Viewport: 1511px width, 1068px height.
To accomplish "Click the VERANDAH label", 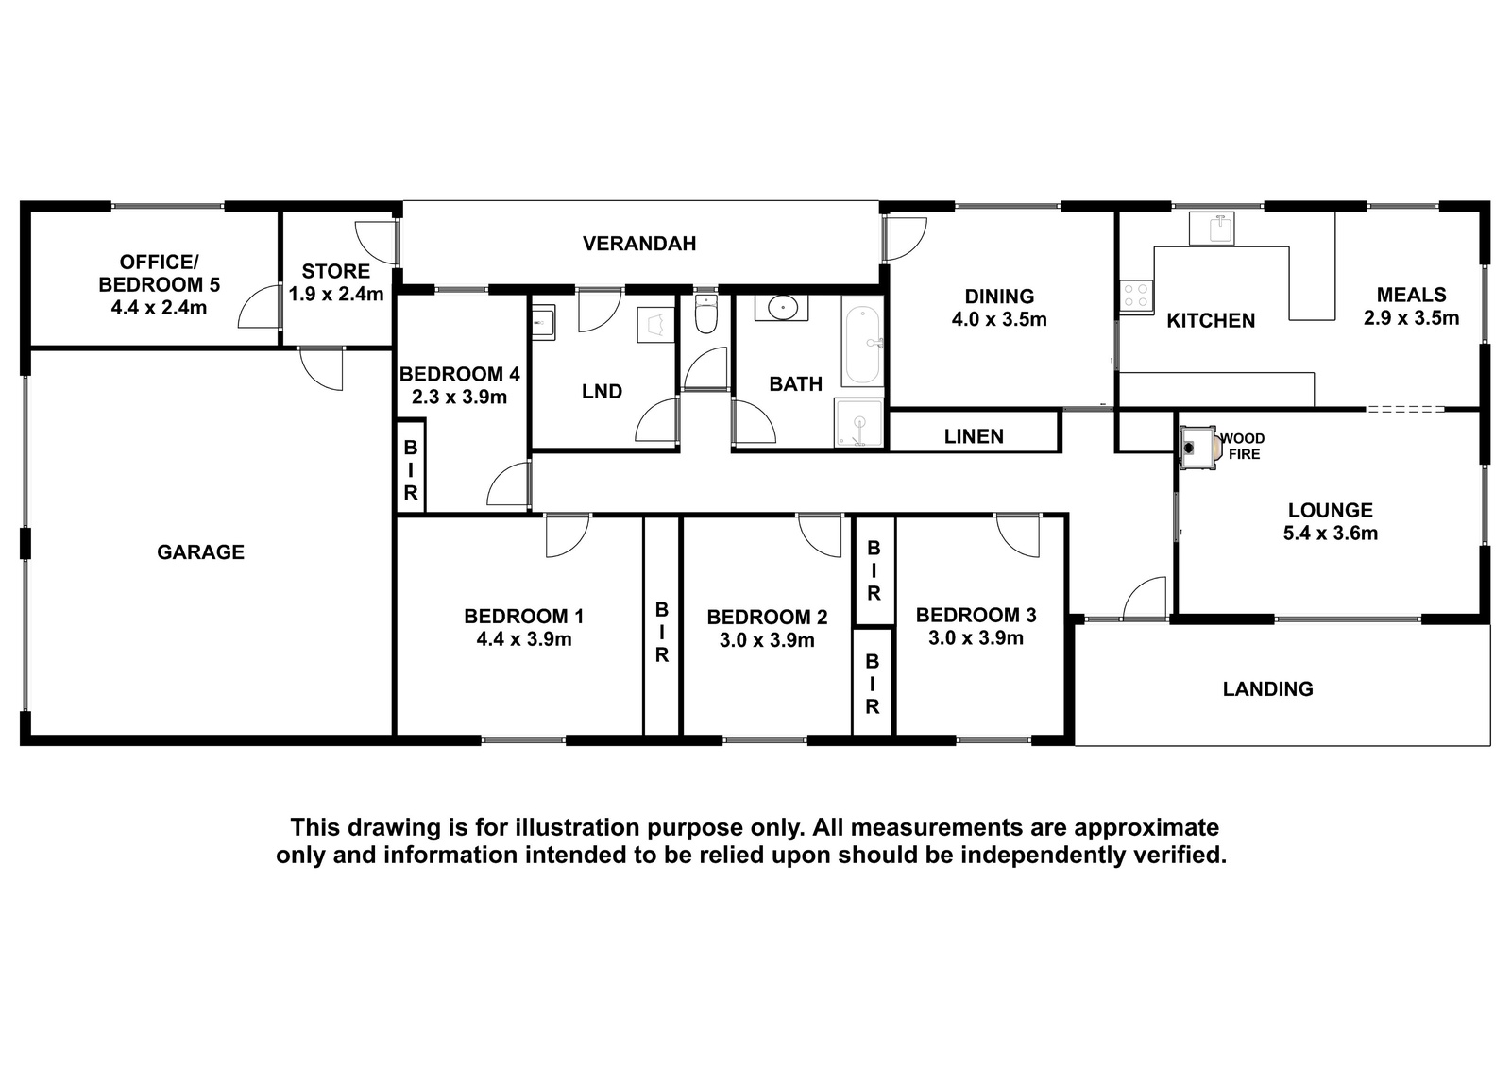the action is tap(638, 244).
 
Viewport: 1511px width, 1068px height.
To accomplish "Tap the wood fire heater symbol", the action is tap(1198, 447).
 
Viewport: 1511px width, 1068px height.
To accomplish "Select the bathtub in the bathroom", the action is tap(863, 346).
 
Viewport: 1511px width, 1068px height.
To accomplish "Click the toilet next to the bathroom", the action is tap(705, 314).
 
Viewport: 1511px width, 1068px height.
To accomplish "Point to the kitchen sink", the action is tap(1210, 229).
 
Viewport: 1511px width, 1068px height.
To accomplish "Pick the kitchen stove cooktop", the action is tap(1137, 297).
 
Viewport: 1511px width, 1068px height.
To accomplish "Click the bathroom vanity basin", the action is tap(782, 308).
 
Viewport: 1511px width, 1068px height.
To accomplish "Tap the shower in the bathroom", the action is tap(858, 422).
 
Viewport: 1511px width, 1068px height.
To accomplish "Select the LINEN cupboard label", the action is tap(974, 436).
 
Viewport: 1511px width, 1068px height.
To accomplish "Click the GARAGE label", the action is tap(200, 552).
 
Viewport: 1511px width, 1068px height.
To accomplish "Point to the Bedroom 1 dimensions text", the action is tap(524, 639).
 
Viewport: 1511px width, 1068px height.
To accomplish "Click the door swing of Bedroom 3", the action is tap(1017, 536).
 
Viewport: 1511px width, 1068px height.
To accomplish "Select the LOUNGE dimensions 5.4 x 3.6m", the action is tap(1331, 534).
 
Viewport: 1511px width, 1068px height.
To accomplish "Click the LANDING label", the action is tap(1268, 688).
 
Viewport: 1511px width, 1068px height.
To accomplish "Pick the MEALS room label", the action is tap(1411, 295).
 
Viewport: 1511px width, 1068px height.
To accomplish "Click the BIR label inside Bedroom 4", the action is tap(411, 470).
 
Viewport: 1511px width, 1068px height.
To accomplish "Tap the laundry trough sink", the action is tap(543, 323).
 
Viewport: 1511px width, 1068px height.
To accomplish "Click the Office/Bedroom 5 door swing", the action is tap(258, 307).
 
